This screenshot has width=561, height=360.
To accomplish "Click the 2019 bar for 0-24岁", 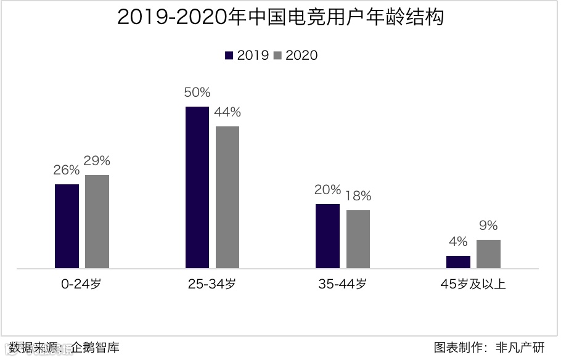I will [x=67, y=226].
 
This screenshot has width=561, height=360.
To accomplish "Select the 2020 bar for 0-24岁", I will [x=97, y=222].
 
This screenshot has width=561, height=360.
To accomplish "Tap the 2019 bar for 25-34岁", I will [x=197, y=187].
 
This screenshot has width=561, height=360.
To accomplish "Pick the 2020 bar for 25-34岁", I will [x=227, y=197].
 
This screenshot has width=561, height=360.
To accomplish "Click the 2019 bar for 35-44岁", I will [x=327, y=236].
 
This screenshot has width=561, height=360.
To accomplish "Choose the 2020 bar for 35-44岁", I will [x=358, y=239].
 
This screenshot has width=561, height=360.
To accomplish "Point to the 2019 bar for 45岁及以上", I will [x=458, y=262].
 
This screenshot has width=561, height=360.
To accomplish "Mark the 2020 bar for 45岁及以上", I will [x=488, y=254].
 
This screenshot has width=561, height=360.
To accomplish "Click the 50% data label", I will [x=197, y=93].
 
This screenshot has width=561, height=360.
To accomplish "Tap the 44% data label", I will [x=227, y=113].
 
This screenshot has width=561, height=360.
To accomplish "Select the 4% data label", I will [x=458, y=242].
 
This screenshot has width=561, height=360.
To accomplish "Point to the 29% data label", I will [x=97, y=162].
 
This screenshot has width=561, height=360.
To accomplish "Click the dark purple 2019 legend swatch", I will [x=229, y=55].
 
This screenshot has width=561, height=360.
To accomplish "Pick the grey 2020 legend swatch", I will [x=277, y=55].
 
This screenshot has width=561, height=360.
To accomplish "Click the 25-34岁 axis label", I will [x=212, y=285].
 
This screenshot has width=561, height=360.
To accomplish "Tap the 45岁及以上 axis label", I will [x=473, y=285].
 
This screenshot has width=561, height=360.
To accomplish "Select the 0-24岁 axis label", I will [x=82, y=285].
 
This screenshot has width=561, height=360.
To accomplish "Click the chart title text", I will [x=280, y=17].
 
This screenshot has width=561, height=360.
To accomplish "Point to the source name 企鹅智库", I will [x=95, y=348].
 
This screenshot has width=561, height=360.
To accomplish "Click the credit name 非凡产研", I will [x=520, y=348].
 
